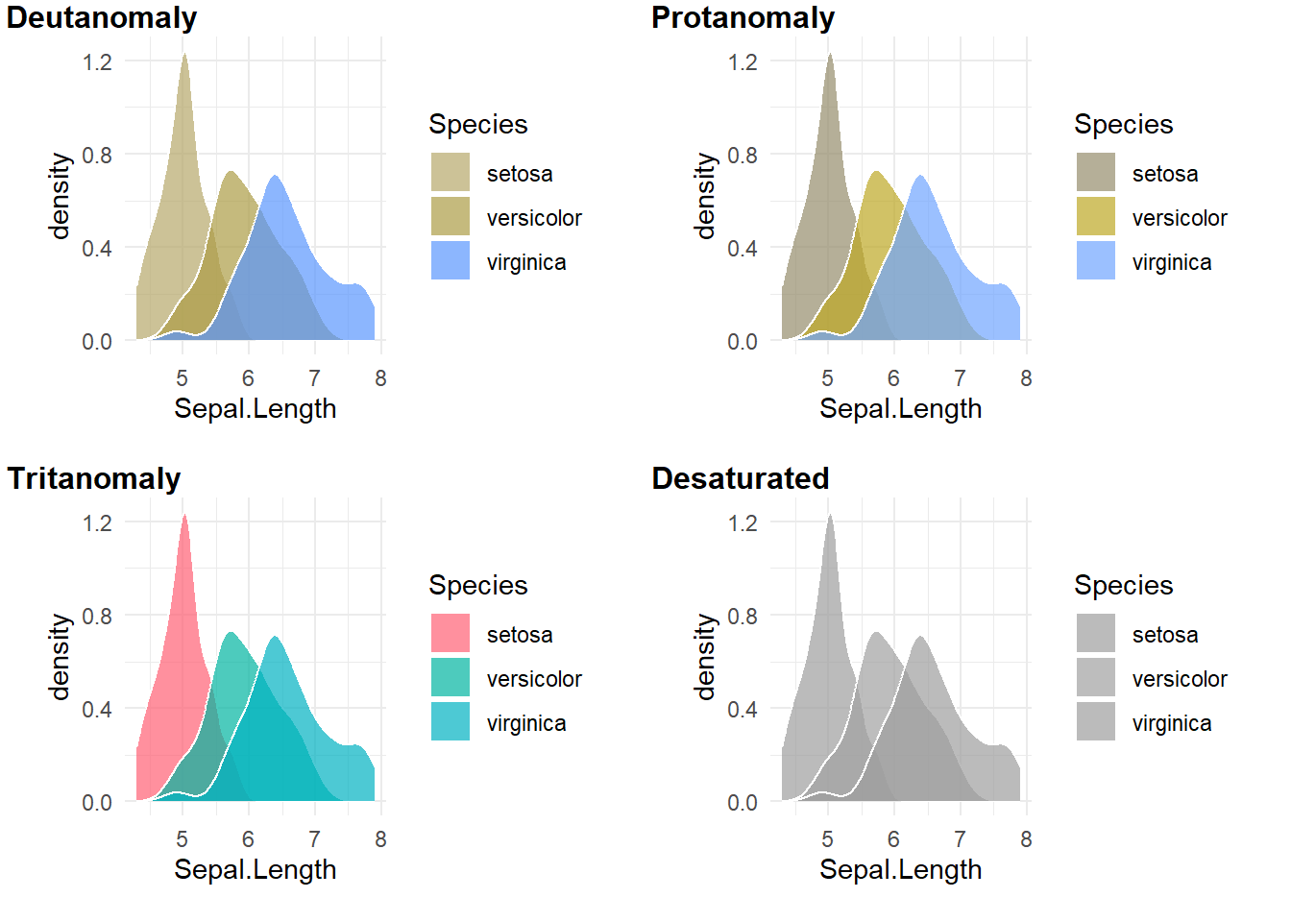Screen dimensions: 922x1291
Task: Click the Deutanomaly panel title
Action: (102, 17)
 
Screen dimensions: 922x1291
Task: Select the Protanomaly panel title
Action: (743, 17)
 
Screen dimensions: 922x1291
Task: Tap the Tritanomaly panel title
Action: (94, 478)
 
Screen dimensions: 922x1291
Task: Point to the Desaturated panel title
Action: (740, 478)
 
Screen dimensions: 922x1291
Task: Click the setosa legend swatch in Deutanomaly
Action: (451, 173)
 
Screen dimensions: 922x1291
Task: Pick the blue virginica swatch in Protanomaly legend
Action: (1096, 261)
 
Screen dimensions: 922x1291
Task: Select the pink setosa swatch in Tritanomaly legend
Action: (451, 634)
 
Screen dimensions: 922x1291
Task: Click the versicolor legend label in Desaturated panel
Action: (1180, 679)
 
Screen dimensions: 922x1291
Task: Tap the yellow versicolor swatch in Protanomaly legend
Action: (1096, 217)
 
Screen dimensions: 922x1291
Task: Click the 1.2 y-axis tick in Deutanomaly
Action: (97, 62)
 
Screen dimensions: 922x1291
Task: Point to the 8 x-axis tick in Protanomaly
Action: (1026, 378)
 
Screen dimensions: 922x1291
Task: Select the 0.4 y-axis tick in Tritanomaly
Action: (97, 709)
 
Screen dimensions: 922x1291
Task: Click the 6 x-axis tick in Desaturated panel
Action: (893, 839)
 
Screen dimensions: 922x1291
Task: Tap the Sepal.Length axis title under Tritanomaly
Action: (256, 869)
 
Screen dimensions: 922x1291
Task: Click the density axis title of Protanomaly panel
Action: (705, 196)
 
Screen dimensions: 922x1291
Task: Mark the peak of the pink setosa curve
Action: (184, 516)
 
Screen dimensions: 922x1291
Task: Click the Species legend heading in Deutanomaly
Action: (478, 124)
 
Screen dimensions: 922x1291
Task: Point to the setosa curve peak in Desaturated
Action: (830, 516)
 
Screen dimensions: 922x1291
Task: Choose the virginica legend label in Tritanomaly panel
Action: (526, 723)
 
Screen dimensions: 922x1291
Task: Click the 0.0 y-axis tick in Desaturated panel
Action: (743, 802)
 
